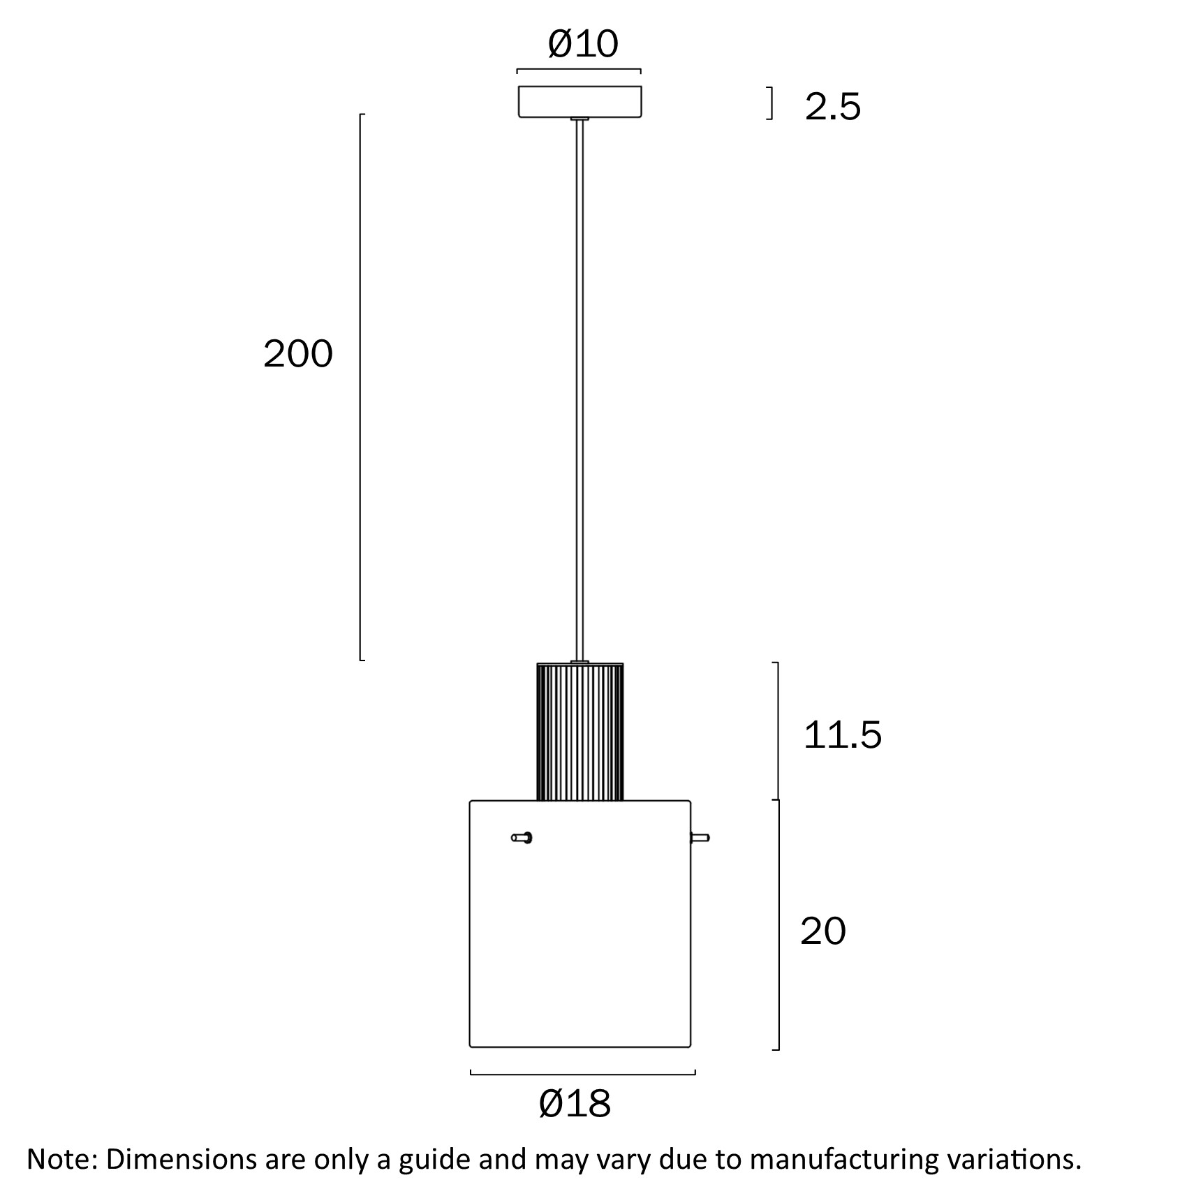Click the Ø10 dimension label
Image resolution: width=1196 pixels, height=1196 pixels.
coord(583,44)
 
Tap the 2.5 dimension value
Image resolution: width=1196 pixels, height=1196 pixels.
coord(832,107)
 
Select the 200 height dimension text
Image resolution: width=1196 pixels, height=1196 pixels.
coord(298,354)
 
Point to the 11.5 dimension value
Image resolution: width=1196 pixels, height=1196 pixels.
coord(842,735)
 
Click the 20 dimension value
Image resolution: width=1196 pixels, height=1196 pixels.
coord(822,931)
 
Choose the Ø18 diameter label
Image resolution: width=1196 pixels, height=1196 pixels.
coord(575,1104)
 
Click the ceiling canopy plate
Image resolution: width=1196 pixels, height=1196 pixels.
coord(579,101)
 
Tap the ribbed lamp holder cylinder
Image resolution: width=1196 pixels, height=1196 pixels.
coord(579,732)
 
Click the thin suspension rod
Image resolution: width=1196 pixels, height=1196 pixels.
coord(579,391)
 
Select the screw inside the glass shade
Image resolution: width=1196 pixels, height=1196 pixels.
coord(522,837)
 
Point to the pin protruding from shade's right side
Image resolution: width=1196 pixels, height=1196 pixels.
coord(700,838)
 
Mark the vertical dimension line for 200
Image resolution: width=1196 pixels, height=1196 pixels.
coord(360,387)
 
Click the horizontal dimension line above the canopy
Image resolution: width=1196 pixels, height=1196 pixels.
coord(579,70)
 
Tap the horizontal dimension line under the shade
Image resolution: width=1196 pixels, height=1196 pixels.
coord(583,1074)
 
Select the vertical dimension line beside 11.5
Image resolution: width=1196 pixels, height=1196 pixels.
coord(778,730)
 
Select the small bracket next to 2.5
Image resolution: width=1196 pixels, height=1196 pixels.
coord(771,103)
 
